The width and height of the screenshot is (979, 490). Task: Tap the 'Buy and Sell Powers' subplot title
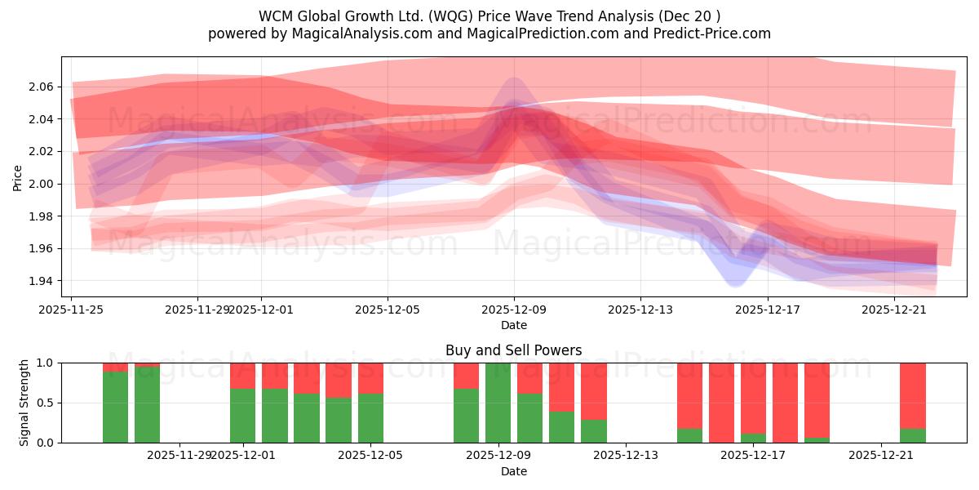pyautogui.click(x=513, y=350)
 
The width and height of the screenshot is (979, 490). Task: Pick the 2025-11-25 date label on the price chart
pyautogui.click(x=71, y=310)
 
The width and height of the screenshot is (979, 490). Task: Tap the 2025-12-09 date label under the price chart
pyautogui.click(x=513, y=310)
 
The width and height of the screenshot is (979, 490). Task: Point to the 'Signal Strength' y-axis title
pyautogui.click(x=24, y=403)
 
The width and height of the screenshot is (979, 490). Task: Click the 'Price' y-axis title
pyautogui.click(x=18, y=177)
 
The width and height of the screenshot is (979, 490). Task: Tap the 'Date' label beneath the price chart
pyautogui.click(x=513, y=325)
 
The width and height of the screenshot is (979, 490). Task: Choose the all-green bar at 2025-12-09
pyautogui.click(x=498, y=403)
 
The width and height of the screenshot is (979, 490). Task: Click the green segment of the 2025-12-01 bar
pyautogui.click(x=242, y=416)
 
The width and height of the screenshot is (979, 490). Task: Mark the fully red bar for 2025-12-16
pyautogui.click(x=721, y=403)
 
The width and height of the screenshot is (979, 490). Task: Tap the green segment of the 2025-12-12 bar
pyautogui.click(x=593, y=431)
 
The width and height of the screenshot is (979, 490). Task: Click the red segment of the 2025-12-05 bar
pyautogui.click(x=370, y=378)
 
